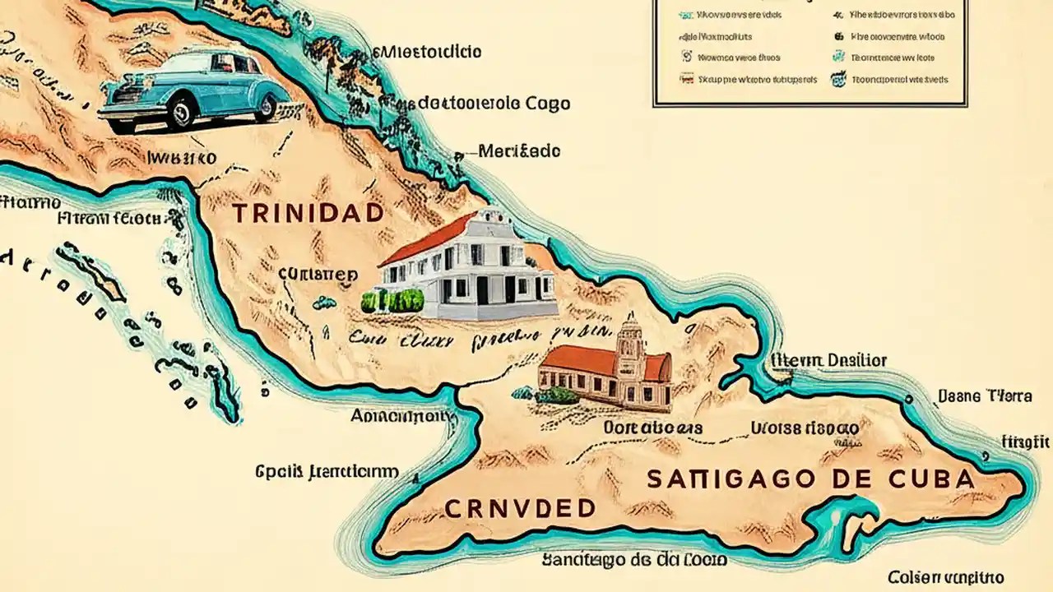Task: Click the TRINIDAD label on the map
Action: pyautogui.click(x=308, y=213)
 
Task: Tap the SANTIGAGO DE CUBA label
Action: pyautogui.click(x=810, y=479)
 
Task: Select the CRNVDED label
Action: pyautogui.click(x=519, y=508)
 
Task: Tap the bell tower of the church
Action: pyautogui.click(x=631, y=345)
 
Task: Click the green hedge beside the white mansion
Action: pyautogui.click(x=392, y=300)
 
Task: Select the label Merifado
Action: pyautogui.click(x=518, y=151)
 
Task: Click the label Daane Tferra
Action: pyautogui.click(x=984, y=396)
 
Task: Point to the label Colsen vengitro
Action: pyautogui.click(x=945, y=577)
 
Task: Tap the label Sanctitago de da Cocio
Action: pyautogui.click(x=633, y=560)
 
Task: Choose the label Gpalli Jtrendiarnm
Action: pyautogui.click(x=327, y=472)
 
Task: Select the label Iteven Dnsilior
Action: pyautogui.click(x=828, y=360)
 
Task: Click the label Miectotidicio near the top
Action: pyautogui.click(x=427, y=52)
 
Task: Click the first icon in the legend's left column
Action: pyautogui.click(x=685, y=14)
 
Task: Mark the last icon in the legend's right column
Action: pyautogui.click(x=839, y=80)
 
